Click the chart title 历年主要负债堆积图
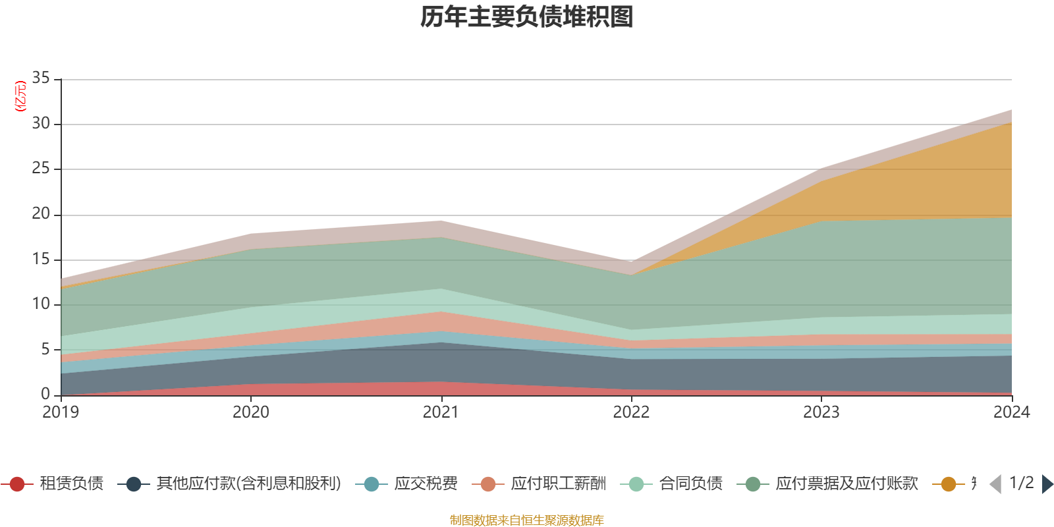pos(527,17)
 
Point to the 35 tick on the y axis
pos(41,78)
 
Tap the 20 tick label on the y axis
pos(41,214)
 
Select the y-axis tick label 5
pos(45,349)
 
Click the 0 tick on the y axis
pos(45,394)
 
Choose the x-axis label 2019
pos(61,412)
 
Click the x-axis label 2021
pos(441,412)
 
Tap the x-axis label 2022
pos(631,412)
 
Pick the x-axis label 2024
pos(1011,412)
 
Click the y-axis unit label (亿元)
pos(20,96)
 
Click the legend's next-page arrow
pos(1047,484)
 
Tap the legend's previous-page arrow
pos(995,484)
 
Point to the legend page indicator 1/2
pos(1021,483)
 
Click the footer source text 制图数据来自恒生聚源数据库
pos(527,520)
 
